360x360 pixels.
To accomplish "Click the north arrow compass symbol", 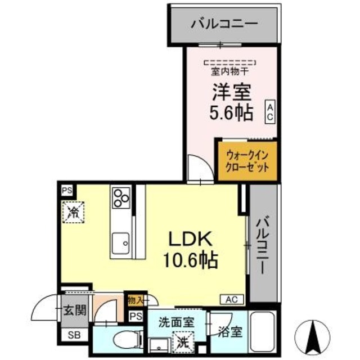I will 314,336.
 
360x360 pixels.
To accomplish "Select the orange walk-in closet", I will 247,160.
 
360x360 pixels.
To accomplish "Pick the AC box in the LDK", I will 235,299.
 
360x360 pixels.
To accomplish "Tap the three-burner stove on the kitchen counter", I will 120,198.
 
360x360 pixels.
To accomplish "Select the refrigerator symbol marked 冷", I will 73,212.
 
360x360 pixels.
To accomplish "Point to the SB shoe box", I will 74,336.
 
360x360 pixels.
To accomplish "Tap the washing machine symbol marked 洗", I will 181,340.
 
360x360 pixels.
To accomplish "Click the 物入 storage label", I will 136,300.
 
